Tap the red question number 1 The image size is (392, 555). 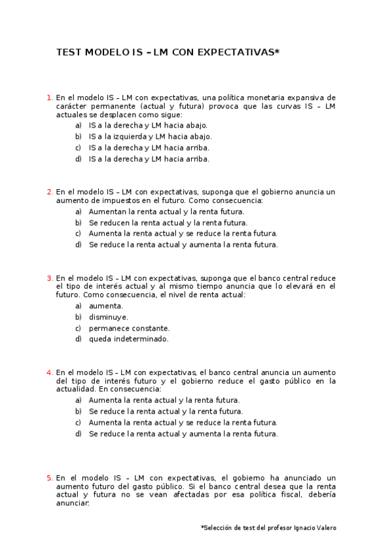coord(50,98)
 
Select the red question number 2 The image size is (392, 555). coord(50,192)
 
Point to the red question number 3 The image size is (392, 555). coord(50,277)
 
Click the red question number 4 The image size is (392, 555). coord(50,372)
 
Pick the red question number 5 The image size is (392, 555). coord(50,478)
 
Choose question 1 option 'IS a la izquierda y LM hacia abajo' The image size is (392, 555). coord(150,136)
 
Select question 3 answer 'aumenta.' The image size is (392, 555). coord(105,306)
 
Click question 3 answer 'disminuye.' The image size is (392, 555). coord(108,317)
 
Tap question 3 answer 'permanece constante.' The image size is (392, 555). coord(129,328)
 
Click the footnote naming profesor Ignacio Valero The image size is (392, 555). coord(268,528)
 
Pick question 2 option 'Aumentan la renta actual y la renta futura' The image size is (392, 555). coord(166,211)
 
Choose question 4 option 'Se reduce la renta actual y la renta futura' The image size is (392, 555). coord(166,411)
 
